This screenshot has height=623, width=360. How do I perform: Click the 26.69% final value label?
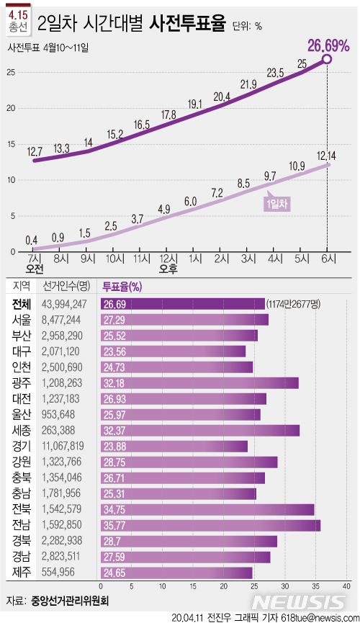pyautogui.click(x=328, y=45)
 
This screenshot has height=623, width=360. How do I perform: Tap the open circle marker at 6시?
pyautogui.click(x=327, y=59)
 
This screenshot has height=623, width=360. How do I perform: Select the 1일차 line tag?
pyautogui.click(x=278, y=204)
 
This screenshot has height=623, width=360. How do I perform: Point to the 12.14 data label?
pyautogui.click(x=327, y=155)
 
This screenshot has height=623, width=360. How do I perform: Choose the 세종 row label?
pyautogui.click(x=22, y=431)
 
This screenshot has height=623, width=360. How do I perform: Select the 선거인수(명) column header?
pyautogui.click(x=66, y=286)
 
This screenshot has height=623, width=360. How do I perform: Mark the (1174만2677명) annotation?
pyautogui.click(x=297, y=303)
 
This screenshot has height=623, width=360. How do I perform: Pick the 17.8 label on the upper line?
pyautogui.click(x=168, y=114)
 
